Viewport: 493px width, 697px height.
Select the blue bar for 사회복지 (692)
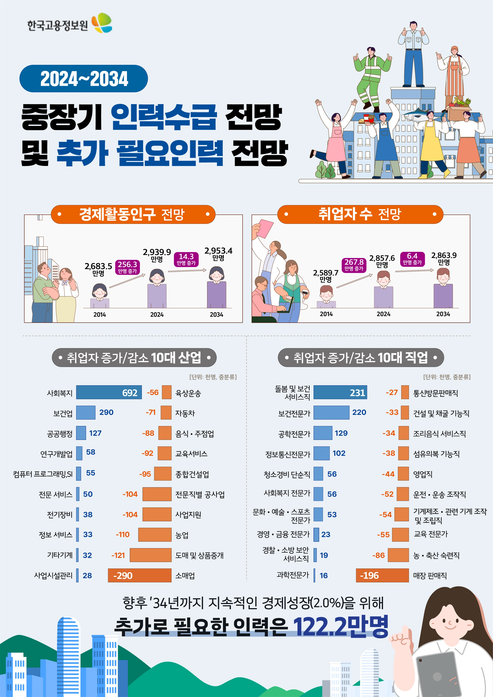[x=109, y=392]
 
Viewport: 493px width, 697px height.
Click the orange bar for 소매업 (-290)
[x=140, y=575]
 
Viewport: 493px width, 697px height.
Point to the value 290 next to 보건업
[x=106, y=412]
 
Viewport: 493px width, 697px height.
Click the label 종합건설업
[x=192, y=474]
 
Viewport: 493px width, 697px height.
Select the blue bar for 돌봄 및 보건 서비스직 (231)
[x=340, y=392]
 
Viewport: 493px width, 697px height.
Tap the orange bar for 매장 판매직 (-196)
[x=382, y=575]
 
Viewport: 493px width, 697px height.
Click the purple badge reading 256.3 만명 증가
[x=127, y=267]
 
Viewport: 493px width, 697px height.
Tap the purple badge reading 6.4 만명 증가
[x=412, y=259]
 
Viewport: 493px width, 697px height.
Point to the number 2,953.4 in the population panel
[x=218, y=251]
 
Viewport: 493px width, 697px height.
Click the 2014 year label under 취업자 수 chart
[x=326, y=314]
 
